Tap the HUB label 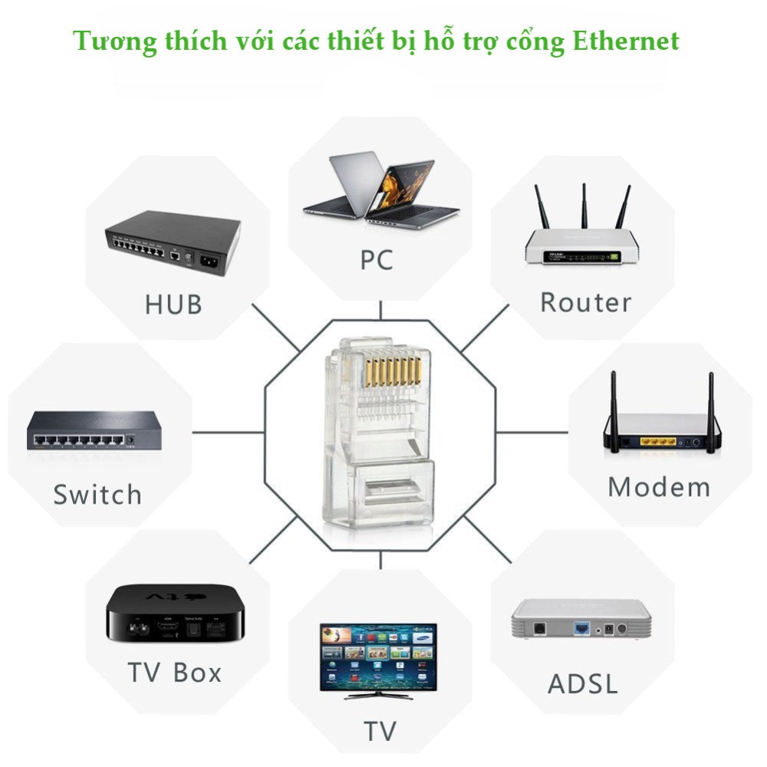tap(173, 304)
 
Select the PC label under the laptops tap(377, 260)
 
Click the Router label tap(585, 302)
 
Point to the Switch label tap(97, 495)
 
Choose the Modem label tap(659, 488)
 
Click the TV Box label tap(175, 673)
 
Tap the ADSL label tap(583, 683)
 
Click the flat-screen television tap(378, 656)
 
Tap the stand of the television tap(377, 696)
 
